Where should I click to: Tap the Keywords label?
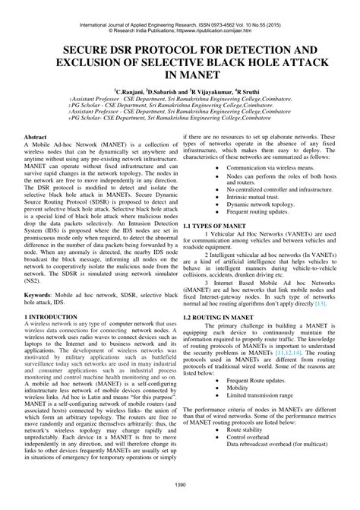point(43,293)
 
